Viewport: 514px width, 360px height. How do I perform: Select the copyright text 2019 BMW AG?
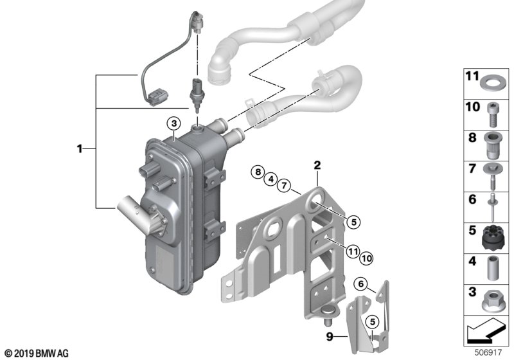36,352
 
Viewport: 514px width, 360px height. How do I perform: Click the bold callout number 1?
80,148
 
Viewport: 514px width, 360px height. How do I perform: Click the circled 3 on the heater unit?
173,123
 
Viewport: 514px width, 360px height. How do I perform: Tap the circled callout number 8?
257,172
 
